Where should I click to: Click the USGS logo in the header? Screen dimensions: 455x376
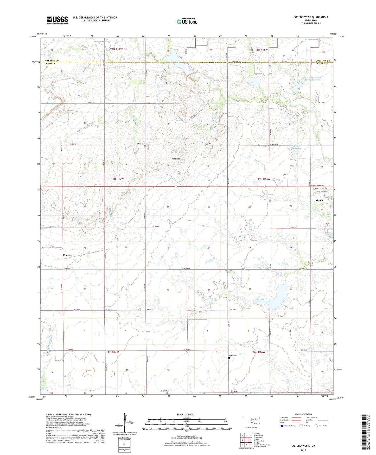click(57, 20)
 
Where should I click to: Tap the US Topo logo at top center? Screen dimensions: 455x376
click(187, 21)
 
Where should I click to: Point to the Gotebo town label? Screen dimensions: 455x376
click(320, 200)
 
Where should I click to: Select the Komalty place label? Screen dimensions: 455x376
click(68, 255)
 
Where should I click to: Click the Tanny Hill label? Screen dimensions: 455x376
click(176, 159)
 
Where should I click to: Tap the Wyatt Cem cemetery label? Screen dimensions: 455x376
click(233, 356)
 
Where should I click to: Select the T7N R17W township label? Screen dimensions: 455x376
click(117, 179)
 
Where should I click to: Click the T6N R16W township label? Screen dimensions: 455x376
click(258, 352)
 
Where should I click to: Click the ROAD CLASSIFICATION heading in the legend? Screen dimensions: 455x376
click(303, 414)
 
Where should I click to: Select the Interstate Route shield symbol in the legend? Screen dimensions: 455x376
click(282, 426)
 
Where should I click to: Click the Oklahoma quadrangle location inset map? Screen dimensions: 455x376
click(251, 420)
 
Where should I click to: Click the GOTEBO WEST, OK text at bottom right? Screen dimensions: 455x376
click(303, 446)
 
